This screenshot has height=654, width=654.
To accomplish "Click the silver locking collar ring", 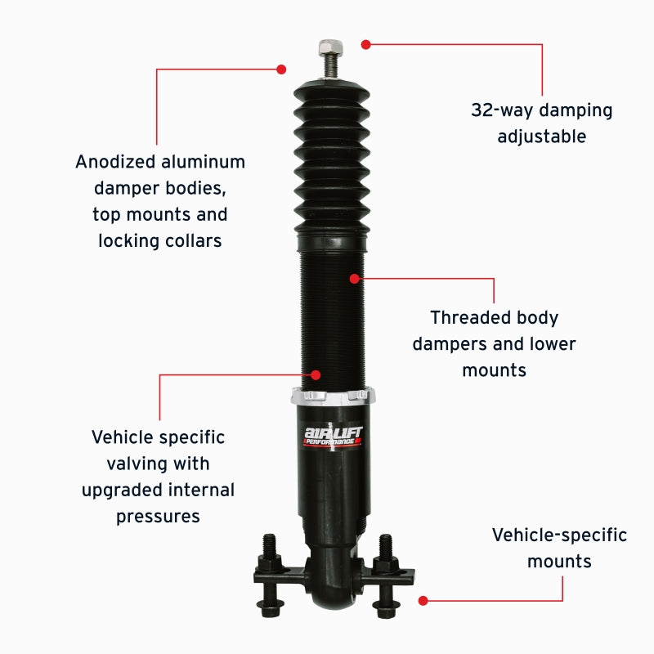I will coord(334,396).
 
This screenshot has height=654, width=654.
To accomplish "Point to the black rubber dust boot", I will coord(331,155).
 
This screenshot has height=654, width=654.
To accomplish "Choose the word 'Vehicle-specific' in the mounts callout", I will coord(559,535).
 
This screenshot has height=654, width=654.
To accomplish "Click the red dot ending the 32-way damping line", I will coord(366,44).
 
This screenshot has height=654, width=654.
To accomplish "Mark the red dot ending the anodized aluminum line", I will coord(281,69).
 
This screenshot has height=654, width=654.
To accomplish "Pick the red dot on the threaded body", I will coord(354,279).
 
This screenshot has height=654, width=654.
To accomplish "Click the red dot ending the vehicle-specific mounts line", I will coord(423,600).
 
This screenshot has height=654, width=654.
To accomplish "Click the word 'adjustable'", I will coord(542,137).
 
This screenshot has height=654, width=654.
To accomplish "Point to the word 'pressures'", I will coord(158,517).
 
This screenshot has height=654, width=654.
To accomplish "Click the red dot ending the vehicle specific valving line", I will coord(315,375).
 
